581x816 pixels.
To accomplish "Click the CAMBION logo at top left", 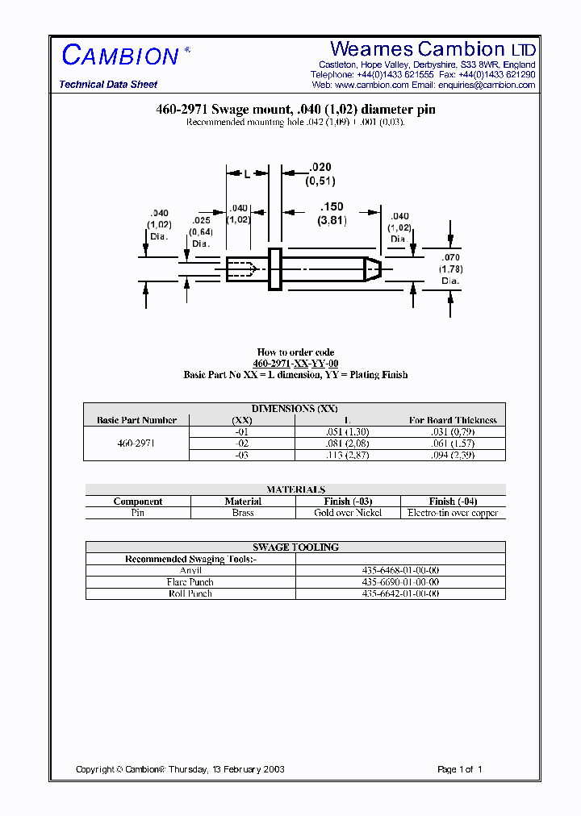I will [x=120, y=55].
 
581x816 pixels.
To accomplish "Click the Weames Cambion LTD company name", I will [x=433, y=49].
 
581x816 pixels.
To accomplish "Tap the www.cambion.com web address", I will [x=371, y=85].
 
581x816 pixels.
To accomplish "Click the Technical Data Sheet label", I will [x=108, y=85].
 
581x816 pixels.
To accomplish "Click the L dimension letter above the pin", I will [x=247, y=173].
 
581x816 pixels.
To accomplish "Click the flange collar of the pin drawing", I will [x=274, y=269].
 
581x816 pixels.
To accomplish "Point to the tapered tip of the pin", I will [x=372, y=269].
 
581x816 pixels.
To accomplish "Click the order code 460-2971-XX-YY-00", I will [x=295, y=364].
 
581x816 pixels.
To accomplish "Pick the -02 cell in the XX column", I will [x=242, y=443].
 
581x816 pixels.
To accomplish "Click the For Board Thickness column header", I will [x=453, y=420].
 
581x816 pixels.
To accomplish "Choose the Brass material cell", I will [x=243, y=513].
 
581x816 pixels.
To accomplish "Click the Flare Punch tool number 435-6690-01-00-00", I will [x=400, y=581].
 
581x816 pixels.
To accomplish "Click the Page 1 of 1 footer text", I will [x=459, y=769].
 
